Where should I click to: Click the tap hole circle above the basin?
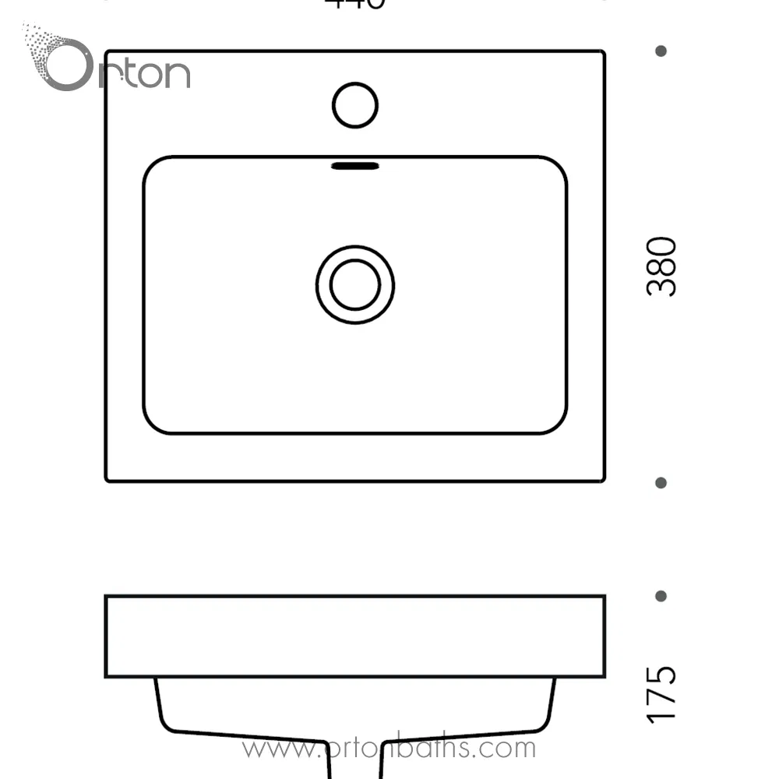(x=355, y=105)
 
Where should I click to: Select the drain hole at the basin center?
(x=355, y=284)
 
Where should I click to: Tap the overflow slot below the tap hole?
(x=355, y=166)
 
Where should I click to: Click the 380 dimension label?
(x=661, y=266)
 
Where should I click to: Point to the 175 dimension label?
(x=661, y=694)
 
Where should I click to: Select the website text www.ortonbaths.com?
(x=389, y=748)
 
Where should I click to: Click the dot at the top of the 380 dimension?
(x=661, y=51)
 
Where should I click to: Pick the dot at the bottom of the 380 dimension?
(x=661, y=483)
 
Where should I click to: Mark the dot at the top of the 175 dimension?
(x=661, y=596)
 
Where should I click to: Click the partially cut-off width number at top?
(x=355, y=4)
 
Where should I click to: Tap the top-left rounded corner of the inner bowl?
(x=151, y=164)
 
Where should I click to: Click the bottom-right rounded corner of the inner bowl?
(x=558, y=425)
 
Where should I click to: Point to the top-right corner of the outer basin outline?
(x=603, y=53)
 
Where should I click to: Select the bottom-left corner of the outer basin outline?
(x=108, y=479)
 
